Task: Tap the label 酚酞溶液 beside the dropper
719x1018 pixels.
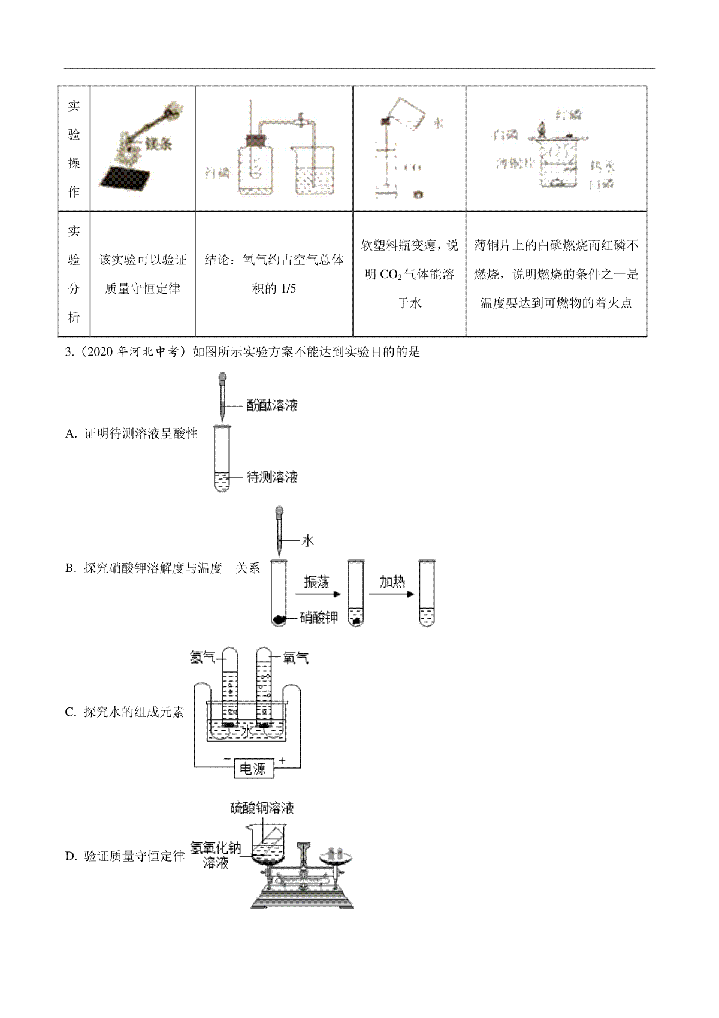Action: tap(272, 406)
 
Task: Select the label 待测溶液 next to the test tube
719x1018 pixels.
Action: tap(272, 477)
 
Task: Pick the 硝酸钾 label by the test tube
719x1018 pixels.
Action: tap(319, 617)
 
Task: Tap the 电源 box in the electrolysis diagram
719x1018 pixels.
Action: tap(253, 769)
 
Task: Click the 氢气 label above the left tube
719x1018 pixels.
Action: tap(203, 658)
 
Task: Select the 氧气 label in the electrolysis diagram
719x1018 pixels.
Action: tap(295, 658)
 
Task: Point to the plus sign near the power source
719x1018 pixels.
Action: tap(282, 760)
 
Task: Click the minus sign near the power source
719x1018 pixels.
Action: tap(227, 760)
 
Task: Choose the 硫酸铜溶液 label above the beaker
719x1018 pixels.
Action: tap(262, 808)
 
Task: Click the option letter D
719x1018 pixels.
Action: tap(70, 856)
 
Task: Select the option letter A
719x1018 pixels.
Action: tap(70, 434)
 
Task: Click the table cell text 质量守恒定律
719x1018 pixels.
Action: tap(143, 288)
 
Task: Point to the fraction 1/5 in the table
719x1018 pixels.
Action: tap(288, 288)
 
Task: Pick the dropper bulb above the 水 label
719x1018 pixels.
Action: tap(279, 513)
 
